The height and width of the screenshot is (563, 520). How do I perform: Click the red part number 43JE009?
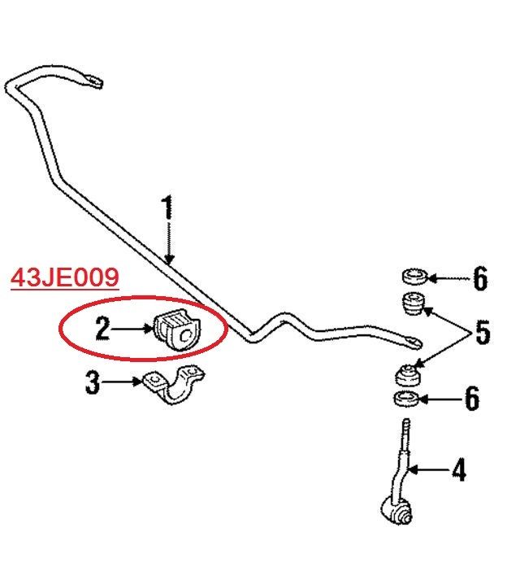coord(64,277)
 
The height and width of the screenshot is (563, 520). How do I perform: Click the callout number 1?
coord(168,207)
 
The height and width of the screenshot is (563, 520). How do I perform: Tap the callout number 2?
coord(102,328)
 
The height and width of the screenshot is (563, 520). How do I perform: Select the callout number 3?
coord(93,382)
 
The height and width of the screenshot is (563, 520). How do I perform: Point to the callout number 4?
coord(459,469)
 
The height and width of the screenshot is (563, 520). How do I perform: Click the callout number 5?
coord(483,333)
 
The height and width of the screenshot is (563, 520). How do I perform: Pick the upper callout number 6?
coord(480,278)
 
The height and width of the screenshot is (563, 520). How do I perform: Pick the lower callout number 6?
coord(472,398)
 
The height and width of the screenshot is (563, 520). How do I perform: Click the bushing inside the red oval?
coord(177,329)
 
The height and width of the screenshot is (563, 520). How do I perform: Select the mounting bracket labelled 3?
coord(174,385)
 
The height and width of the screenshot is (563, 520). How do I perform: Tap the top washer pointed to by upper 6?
coord(415,277)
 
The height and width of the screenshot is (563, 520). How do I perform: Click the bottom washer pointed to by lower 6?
coord(407,399)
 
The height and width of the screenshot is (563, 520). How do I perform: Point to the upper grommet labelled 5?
coord(414,303)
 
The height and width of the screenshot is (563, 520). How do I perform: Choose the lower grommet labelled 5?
coord(408,376)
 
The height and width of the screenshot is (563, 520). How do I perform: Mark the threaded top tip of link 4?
coord(406,421)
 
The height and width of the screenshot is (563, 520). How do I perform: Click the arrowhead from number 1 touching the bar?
coord(169,260)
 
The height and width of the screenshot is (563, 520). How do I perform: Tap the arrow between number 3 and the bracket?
coord(122,382)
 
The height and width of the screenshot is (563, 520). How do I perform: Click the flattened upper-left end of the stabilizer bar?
coord(92,81)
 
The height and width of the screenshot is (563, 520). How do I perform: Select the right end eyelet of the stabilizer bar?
coord(413,341)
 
